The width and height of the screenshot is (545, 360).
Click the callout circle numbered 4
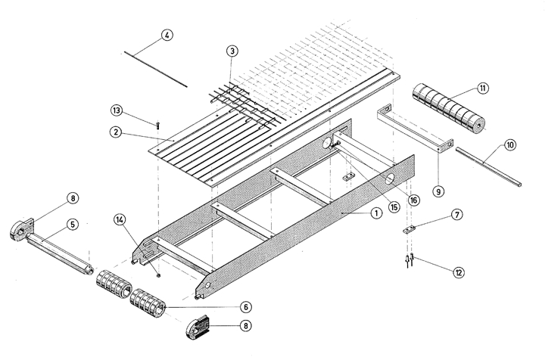[167, 36]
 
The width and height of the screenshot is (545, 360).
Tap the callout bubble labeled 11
[482, 88]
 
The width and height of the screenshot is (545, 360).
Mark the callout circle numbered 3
[232, 51]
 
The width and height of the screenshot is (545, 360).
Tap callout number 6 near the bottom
[245, 307]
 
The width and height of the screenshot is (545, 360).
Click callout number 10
[509, 144]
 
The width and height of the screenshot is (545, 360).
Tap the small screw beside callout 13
[157, 123]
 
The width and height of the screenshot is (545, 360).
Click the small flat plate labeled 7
[410, 229]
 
